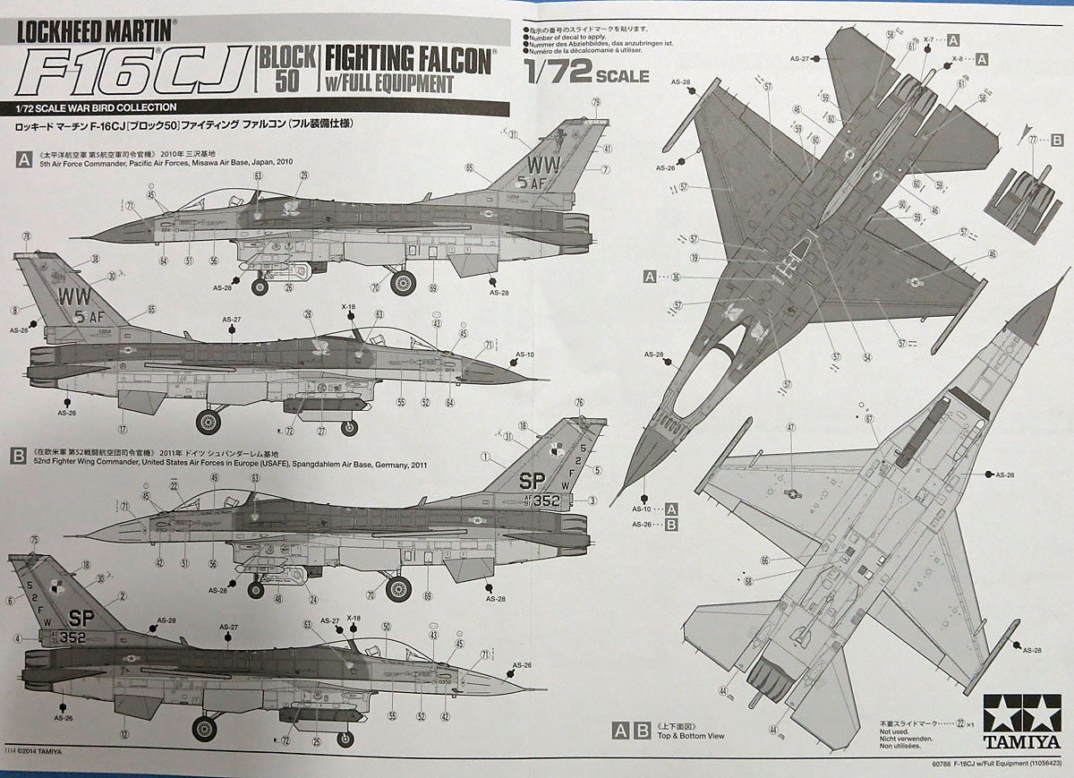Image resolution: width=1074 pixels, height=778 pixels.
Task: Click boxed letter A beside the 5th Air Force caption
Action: pyautogui.click(x=21, y=158)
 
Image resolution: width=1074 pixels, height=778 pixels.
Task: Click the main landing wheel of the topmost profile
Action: pyautogui.click(x=403, y=283)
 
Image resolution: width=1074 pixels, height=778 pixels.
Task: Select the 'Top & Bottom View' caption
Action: pyautogui.click(x=690, y=736)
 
